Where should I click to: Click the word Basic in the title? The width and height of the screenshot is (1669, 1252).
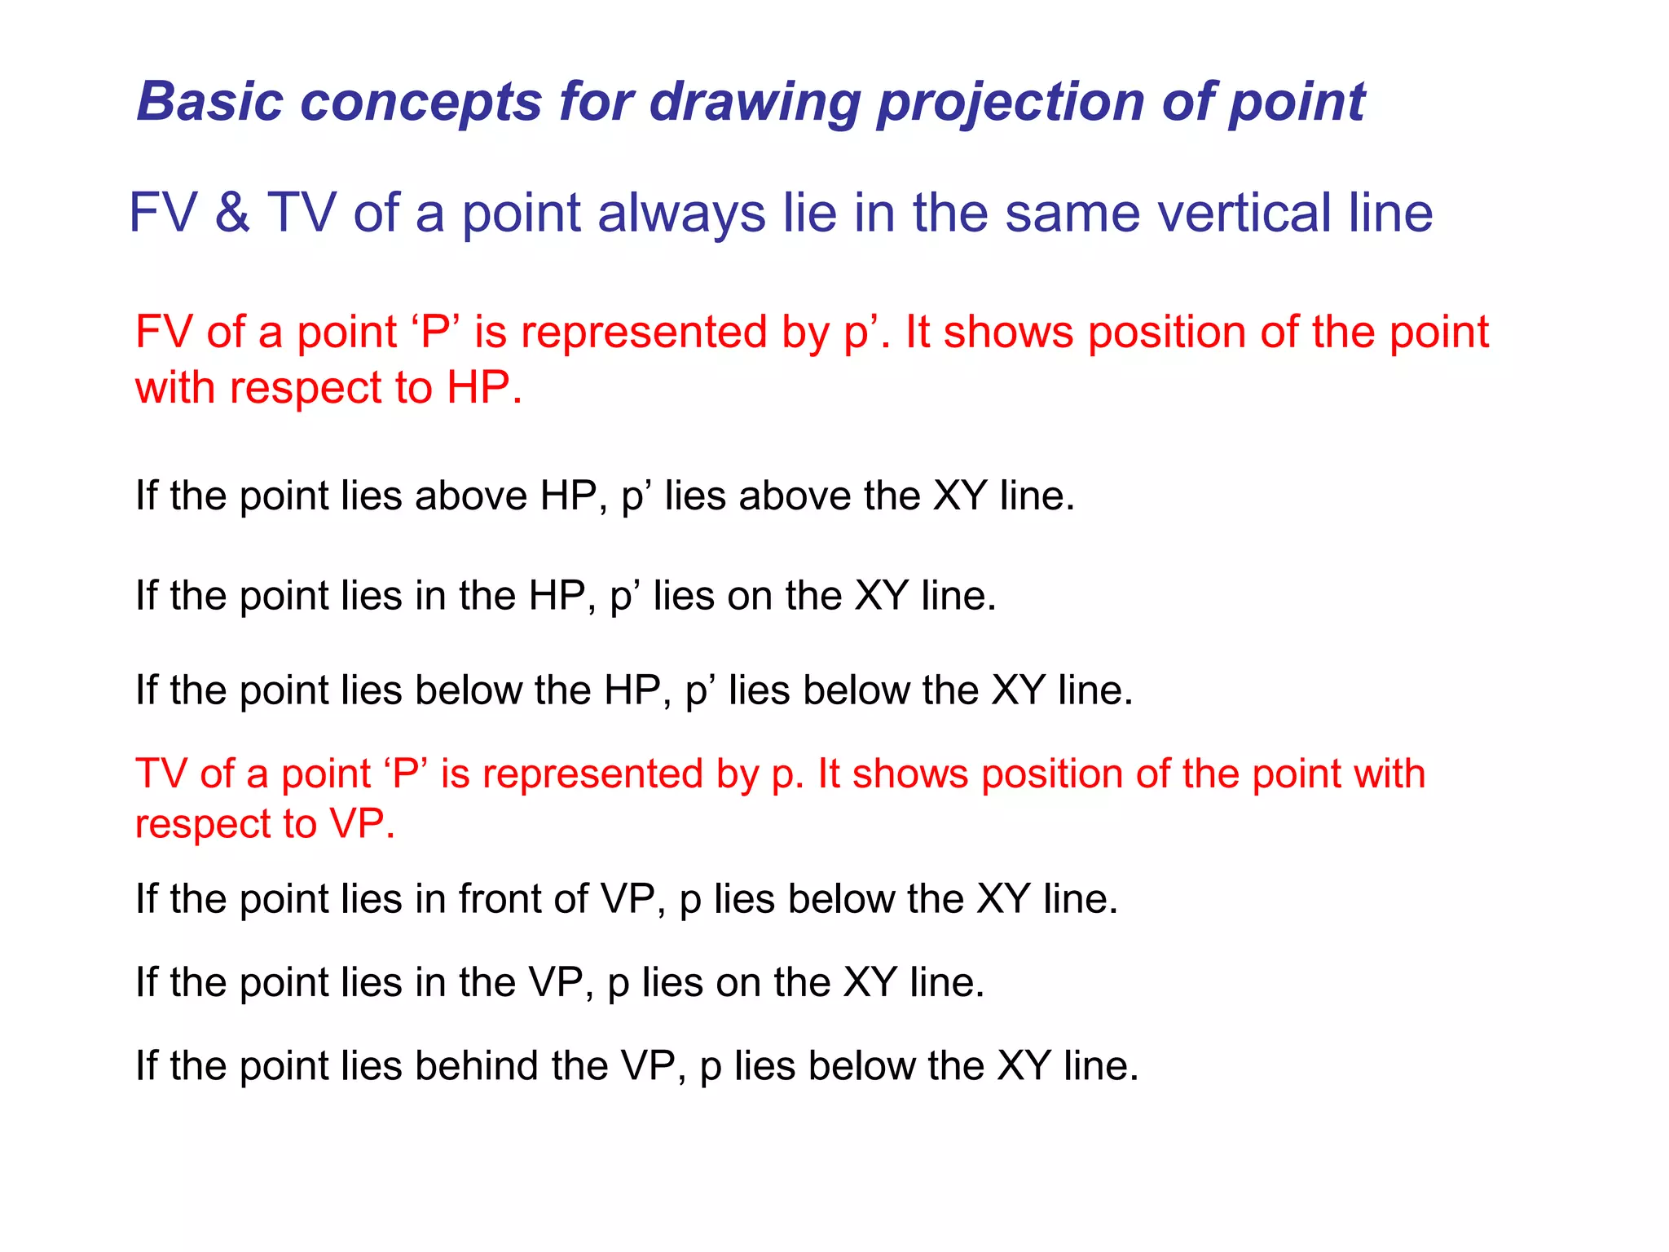tap(210, 102)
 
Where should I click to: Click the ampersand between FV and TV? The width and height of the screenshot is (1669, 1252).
tap(232, 213)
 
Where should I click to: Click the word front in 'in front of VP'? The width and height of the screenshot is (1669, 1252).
tap(500, 899)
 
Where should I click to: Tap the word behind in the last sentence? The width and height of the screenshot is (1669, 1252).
tap(477, 1065)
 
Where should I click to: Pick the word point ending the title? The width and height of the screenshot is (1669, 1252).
tap(1295, 104)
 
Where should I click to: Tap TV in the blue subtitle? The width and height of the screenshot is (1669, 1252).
tap(302, 213)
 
